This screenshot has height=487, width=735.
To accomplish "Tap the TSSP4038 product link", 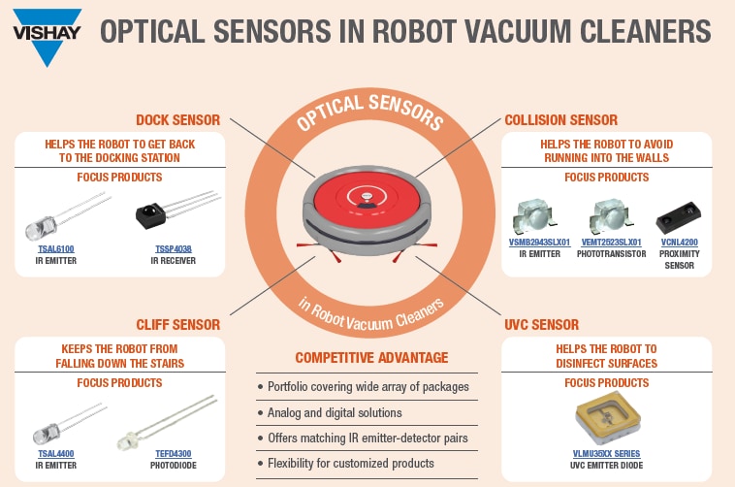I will pos(174,248).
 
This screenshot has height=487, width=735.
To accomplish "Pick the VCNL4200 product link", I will pos(679,242).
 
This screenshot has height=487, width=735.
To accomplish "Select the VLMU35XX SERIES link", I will pos(606,453).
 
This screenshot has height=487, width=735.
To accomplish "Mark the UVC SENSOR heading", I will pos(542,324).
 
